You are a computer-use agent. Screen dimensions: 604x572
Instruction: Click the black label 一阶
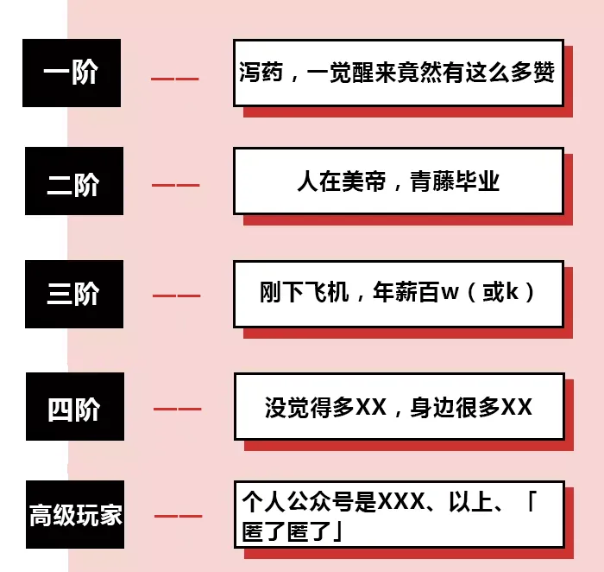coord(72,73)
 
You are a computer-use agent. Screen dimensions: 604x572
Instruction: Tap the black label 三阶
coord(73,294)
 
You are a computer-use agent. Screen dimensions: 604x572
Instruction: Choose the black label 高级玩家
coord(75,517)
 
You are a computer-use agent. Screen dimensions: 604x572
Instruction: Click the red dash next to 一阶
coord(175,79)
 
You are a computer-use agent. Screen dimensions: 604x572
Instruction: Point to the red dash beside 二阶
coord(175,185)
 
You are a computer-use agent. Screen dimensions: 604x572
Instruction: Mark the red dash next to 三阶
coord(176,296)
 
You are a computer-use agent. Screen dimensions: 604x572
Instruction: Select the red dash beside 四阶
coord(177,409)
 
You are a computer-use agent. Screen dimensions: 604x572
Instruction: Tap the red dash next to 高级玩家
coord(178,517)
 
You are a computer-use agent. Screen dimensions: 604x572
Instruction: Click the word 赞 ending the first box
coord(543,73)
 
